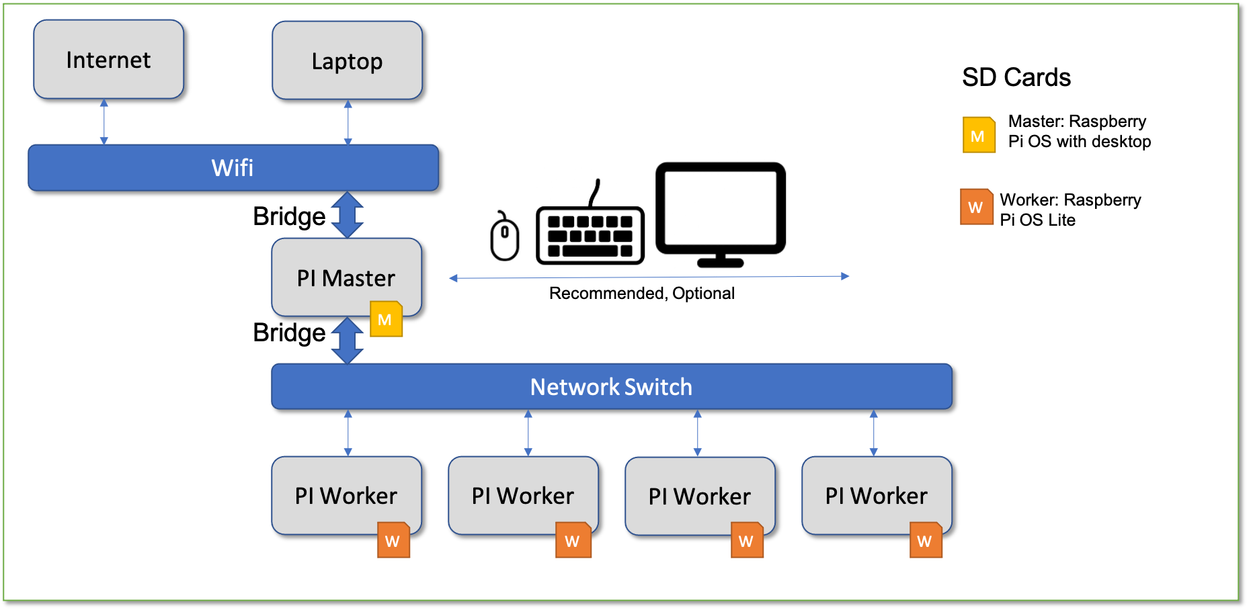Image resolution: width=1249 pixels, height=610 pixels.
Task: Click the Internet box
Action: [x=108, y=60]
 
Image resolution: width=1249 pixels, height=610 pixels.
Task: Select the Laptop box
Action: [x=347, y=61]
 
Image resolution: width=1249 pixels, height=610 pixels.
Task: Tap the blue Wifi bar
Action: [x=233, y=168]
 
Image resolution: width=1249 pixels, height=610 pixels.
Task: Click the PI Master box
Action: [x=346, y=277]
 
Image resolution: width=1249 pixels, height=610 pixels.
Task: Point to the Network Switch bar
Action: [x=611, y=387]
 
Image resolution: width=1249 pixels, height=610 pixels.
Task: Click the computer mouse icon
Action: [x=504, y=236]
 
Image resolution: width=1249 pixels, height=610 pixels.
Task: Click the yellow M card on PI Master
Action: [x=386, y=319]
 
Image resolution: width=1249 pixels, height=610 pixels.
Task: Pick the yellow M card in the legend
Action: [x=978, y=135]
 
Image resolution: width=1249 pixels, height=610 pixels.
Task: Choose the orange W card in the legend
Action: [x=976, y=207]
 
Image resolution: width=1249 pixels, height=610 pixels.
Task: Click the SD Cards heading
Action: [x=1016, y=77]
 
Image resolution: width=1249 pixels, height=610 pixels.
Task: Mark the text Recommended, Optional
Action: [x=641, y=294]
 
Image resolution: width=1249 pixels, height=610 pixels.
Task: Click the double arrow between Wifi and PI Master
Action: [x=348, y=215]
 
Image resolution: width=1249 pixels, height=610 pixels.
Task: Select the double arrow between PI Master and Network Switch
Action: [x=348, y=340]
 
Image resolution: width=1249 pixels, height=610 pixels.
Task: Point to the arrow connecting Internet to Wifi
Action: [x=104, y=122]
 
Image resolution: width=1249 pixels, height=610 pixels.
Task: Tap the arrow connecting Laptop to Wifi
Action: [x=348, y=123]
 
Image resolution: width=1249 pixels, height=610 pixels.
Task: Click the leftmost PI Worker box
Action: [x=346, y=496]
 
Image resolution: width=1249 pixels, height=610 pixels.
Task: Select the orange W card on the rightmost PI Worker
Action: [x=925, y=540]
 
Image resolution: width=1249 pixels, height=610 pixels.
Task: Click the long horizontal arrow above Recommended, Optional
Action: [x=649, y=277]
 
